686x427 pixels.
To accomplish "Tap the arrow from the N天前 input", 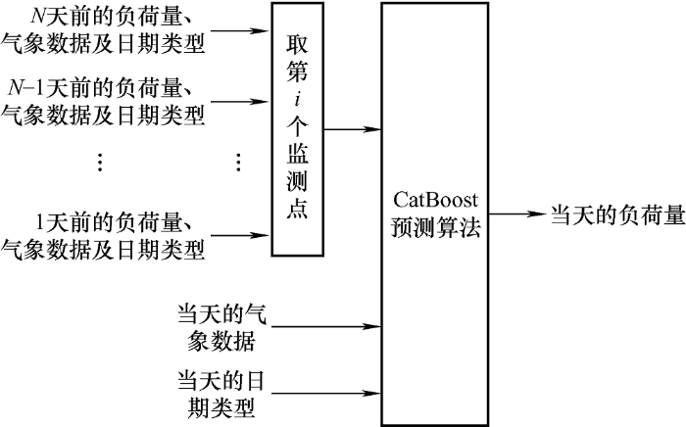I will point(240,29).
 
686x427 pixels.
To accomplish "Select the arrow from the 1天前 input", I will point(240,235).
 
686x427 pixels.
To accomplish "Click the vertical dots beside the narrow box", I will point(238,163).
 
